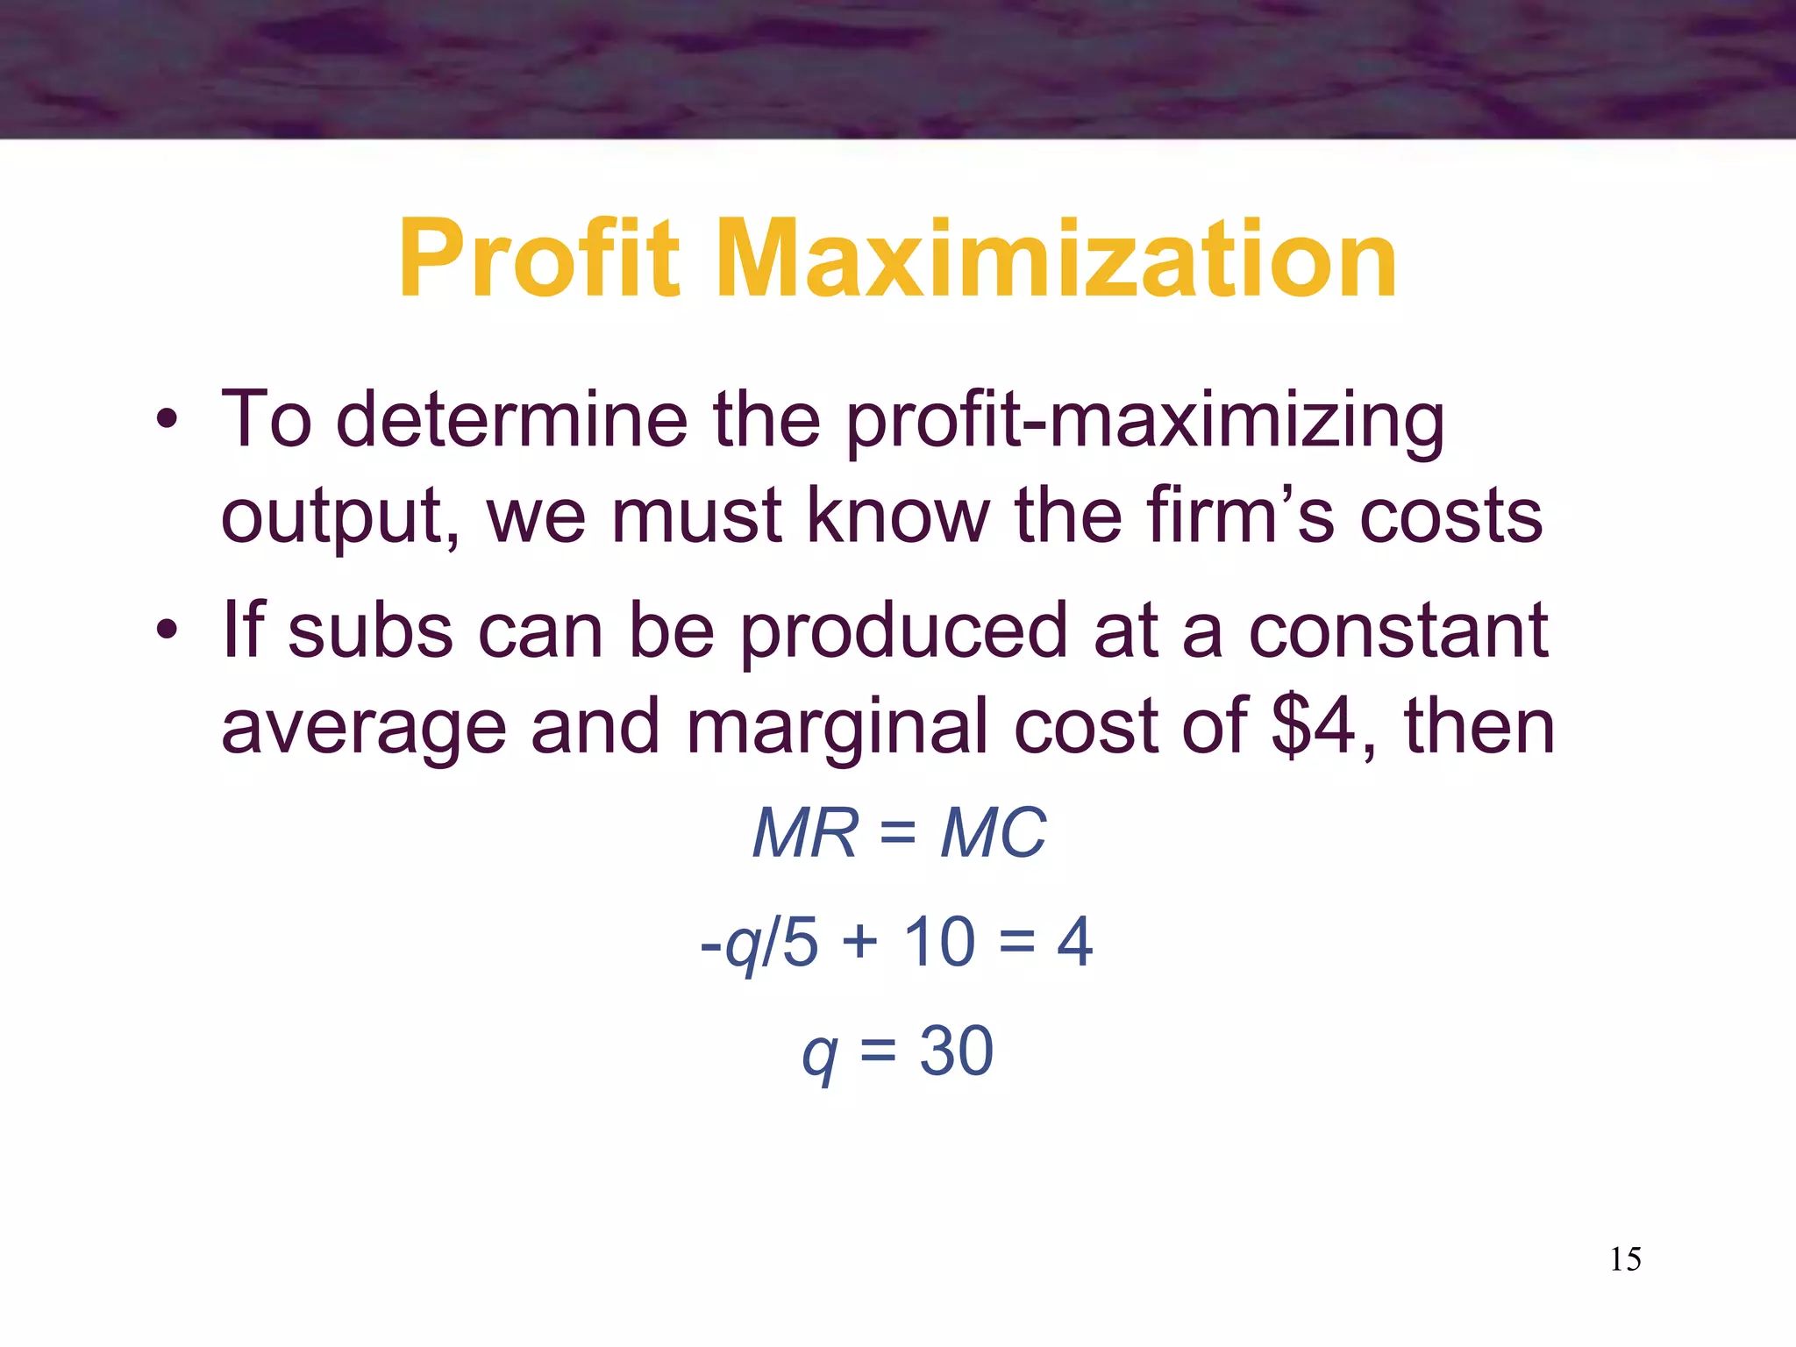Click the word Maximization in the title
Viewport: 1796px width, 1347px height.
coord(1057,260)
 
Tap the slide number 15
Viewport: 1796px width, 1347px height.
coord(1625,1259)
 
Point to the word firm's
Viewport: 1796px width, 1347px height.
coord(1241,516)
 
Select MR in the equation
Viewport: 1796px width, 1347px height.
coord(805,833)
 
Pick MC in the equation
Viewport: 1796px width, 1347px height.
coord(993,833)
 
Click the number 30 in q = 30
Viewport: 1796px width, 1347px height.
coord(956,1051)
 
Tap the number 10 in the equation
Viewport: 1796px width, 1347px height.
coord(938,942)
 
